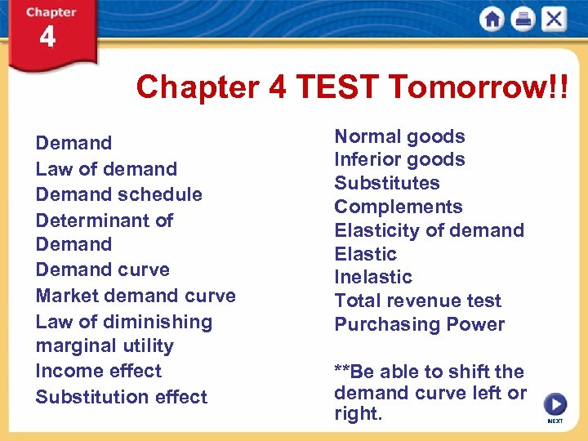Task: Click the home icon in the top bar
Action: [x=492, y=19]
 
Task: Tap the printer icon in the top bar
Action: [x=523, y=19]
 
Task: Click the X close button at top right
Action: [x=554, y=19]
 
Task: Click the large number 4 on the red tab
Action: [x=47, y=38]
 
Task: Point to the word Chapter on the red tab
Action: [x=51, y=12]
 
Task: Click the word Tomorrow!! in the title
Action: [x=471, y=86]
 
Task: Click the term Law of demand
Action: [x=106, y=169]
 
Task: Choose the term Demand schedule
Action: [x=119, y=194]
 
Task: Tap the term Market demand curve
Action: [x=136, y=296]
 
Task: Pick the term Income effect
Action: [x=99, y=371]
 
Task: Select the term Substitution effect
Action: [x=122, y=397]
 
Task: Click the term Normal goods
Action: [x=399, y=136]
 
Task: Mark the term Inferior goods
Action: [x=399, y=159]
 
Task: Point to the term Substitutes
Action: [x=387, y=183]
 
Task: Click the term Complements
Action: [x=399, y=207]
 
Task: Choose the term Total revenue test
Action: [x=418, y=301]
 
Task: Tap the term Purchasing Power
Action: [x=420, y=324]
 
